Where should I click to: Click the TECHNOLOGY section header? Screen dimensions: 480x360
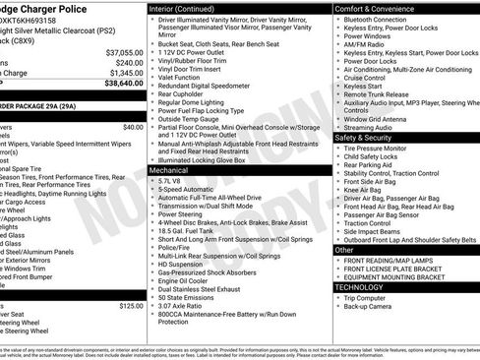coord(365,286)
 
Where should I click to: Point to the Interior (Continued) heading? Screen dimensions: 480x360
coord(191,8)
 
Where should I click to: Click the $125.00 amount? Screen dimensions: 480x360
coord(131,306)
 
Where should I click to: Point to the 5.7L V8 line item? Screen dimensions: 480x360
coord(169,181)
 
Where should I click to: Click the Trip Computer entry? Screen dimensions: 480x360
coord(365,297)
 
